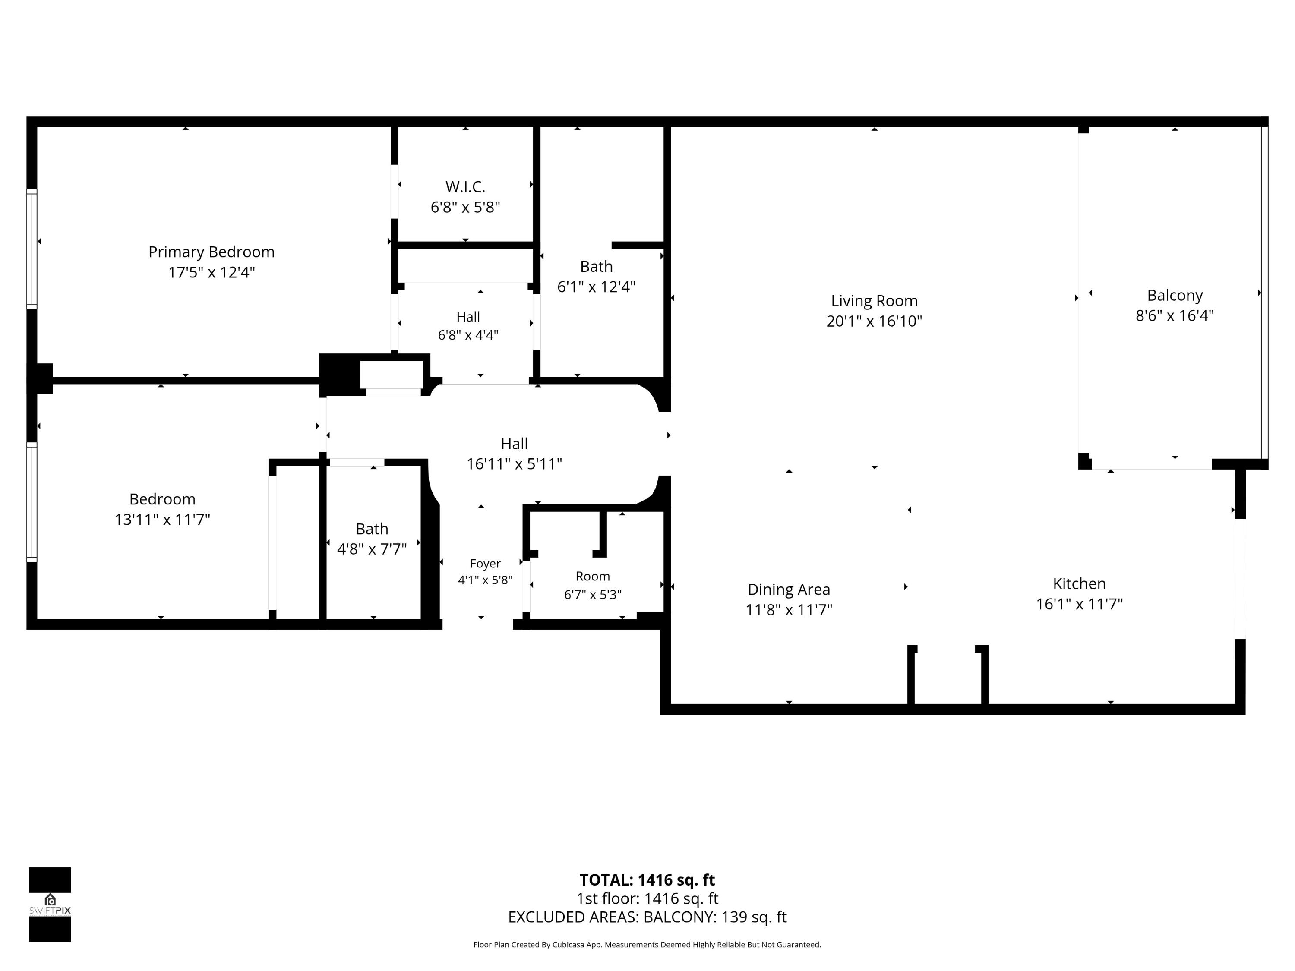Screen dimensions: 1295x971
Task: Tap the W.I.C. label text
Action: pos(465,187)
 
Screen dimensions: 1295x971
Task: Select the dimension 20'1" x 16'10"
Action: pos(874,322)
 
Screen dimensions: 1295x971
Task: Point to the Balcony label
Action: pos(1175,296)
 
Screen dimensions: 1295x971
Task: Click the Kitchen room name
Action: pos(1079,583)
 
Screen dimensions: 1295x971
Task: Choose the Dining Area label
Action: pos(789,590)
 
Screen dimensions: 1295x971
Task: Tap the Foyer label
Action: pos(485,564)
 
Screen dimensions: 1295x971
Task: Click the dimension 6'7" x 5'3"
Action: pos(593,595)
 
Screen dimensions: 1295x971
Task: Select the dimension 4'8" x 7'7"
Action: pos(372,549)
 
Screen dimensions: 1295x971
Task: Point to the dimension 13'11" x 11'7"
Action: pos(162,520)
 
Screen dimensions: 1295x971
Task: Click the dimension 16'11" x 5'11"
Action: pos(514,464)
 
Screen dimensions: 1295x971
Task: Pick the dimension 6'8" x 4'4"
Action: pos(468,335)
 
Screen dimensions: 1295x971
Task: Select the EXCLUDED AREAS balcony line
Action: pos(647,917)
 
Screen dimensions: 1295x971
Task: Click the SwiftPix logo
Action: pos(50,904)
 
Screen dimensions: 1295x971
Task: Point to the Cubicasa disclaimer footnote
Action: pos(647,945)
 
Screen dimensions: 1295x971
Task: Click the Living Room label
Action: pos(874,301)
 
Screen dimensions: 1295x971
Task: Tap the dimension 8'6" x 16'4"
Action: pos(1175,316)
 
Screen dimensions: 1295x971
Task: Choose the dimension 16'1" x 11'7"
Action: pos(1079,604)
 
